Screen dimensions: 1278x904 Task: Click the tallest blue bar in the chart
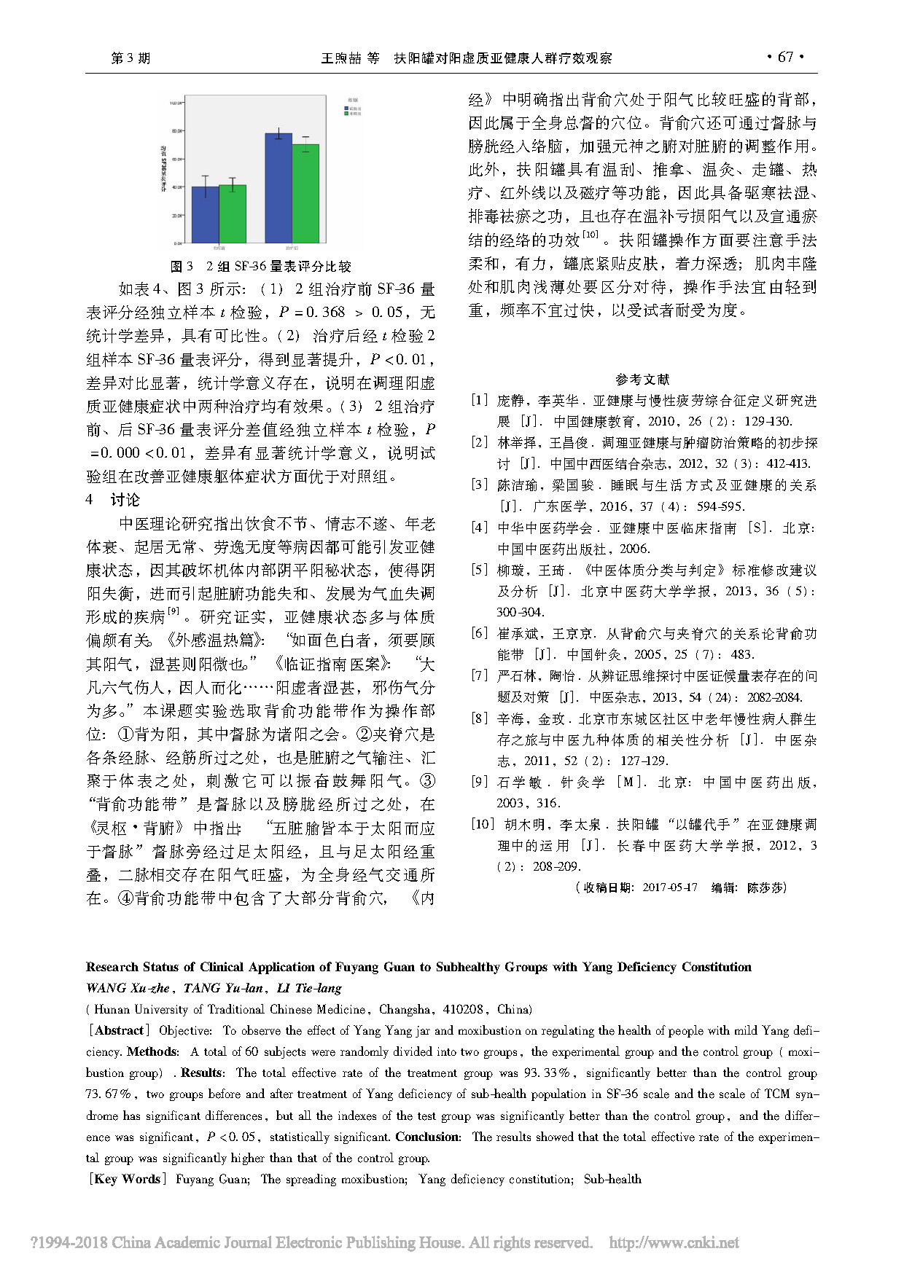(278, 188)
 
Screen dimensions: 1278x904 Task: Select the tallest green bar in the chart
(305, 193)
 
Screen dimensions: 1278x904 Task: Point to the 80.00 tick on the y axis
(175, 131)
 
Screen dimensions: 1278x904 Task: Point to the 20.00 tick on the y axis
(175, 216)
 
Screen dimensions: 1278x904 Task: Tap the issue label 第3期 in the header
(130, 58)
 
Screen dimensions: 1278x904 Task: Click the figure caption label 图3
(182, 267)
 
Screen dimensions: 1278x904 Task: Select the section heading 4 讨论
(113, 500)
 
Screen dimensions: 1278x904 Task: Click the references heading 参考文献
(642, 379)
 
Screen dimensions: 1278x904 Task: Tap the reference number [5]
(479, 570)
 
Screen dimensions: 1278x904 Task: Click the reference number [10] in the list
(483, 824)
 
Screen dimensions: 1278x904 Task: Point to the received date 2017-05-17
(669, 887)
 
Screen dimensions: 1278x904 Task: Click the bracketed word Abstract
(119, 1030)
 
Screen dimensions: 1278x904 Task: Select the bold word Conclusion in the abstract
(428, 1137)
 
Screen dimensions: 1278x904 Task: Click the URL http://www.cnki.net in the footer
(674, 1242)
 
